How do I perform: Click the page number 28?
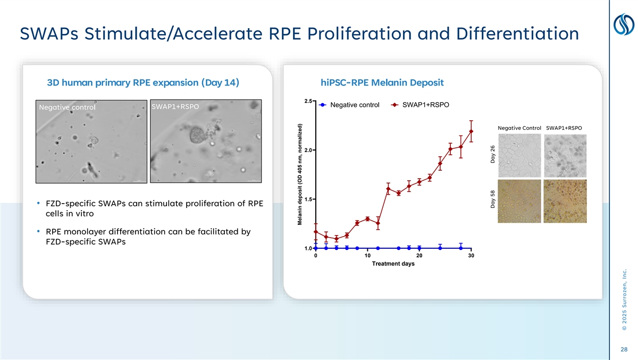[x=624, y=349]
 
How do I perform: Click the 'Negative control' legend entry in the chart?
[x=355, y=105]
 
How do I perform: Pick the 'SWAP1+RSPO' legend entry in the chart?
[x=426, y=105]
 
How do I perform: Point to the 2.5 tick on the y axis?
[x=308, y=101]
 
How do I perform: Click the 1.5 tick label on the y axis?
[x=308, y=199]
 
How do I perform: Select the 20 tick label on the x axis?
[x=419, y=256]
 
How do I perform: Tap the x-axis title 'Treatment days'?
[x=393, y=264]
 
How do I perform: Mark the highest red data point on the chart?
[x=471, y=131]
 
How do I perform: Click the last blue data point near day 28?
[x=461, y=248]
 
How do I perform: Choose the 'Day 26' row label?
[x=493, y=155]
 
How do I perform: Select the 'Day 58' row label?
[x=493, y=200]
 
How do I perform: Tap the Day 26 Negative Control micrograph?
[x=519, y=155]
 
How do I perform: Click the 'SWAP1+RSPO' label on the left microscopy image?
[x=175, y=106]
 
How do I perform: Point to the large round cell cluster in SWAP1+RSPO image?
[x=197, y=136]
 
